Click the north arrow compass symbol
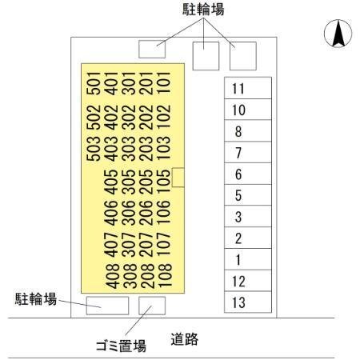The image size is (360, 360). (x=338, y=34)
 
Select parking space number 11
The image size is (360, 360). (x=248, y=88)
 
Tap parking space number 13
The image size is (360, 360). (x=248, y=302)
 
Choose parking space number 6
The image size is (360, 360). (x=248, y=174)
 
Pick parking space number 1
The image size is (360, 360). (x=248, y=259)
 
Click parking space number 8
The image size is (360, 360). (x=248, y=130)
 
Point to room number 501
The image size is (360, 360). (x=94, y=83)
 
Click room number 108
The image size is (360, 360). (x=164, y=275)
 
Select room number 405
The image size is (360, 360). (x=111, y=182)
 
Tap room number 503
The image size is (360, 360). (x=94, y=149)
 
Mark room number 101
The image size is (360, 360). (x=164, y=82)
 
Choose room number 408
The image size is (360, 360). (x=112, y=276)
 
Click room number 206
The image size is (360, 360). (x=146, y=213)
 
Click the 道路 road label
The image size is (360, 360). (x=185, y=339)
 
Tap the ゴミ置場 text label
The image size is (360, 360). (x=121, y=346)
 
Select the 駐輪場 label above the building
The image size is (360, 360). (x=203, y=10)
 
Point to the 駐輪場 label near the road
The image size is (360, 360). (x=36, y=299)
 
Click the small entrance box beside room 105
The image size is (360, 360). (x=178, y=178)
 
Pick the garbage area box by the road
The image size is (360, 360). (x=152, y=306)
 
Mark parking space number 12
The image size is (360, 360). (x=248, y=281)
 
